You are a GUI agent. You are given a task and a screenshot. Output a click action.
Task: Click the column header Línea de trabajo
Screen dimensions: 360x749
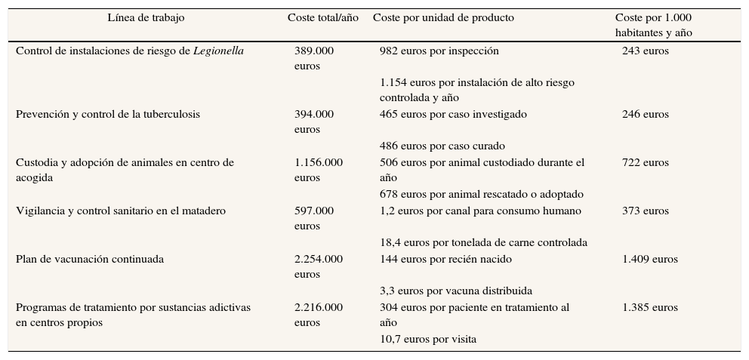click(x=146, y=18)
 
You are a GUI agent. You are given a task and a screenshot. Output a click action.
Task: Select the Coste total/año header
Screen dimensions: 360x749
click(x=323, y=18)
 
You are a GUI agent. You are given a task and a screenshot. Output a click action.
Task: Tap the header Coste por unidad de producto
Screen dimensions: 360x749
click(x=443, y=18)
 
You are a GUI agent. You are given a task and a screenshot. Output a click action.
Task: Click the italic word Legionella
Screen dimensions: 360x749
click(x=218, y=51)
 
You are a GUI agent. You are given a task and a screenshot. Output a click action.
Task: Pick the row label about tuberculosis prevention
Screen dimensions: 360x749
click(x=108, y=115)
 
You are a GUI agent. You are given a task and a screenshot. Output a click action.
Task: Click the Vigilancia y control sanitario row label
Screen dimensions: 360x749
click(x=121, y=211)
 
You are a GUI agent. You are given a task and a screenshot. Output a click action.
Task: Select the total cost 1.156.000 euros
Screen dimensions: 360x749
click(x=318, y=170)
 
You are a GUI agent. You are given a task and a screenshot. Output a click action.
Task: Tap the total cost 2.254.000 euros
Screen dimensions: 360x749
click(x=318, y=266)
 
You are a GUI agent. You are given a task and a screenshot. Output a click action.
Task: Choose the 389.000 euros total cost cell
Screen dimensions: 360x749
click(x=313, y=58)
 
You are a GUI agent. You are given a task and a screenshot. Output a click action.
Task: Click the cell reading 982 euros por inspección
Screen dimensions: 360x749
click(x=439, y=51)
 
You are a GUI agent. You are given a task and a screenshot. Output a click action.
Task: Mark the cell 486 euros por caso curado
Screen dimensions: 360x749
click(x=442, y=146)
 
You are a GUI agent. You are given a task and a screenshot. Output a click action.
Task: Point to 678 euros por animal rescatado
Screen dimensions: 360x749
click(x=481, y=195)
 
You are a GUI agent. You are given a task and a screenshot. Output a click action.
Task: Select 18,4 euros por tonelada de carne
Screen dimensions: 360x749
click(x=483, y=243)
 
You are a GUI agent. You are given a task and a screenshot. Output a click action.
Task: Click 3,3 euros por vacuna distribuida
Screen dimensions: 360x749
click(x=455, y=291)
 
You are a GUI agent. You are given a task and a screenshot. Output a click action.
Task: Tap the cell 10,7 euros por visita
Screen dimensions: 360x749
click(x=427, y=340)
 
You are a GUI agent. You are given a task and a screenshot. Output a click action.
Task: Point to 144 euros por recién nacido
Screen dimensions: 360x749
click(x=445, y=260)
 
